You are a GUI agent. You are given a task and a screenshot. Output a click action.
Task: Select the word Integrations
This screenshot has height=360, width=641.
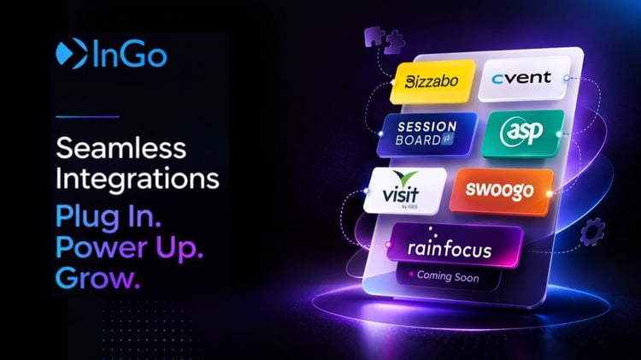click(x=138, y=180)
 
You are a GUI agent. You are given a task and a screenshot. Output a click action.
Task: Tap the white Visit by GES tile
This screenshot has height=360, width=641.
click(x=404, y=191)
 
